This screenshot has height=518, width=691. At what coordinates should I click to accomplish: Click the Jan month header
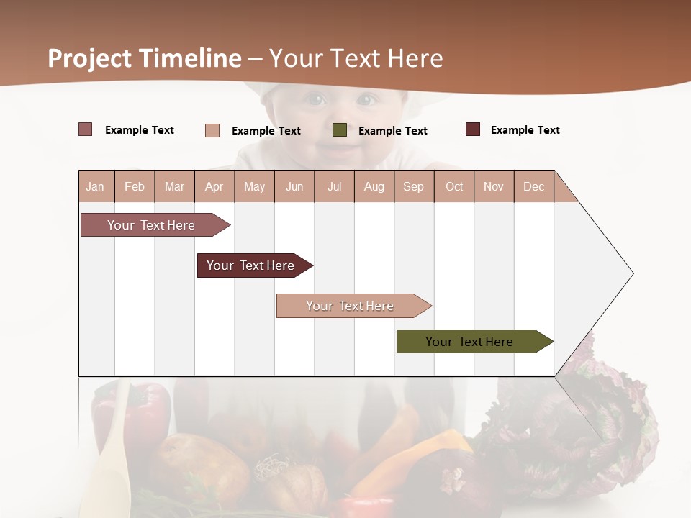click(95, 186)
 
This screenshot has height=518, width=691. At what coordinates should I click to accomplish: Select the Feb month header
click(135, 186)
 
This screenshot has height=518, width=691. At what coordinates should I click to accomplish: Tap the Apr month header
click(214, 186)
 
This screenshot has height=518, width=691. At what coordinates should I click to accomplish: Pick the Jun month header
click(294, 186)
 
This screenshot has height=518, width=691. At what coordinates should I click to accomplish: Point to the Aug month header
click(374, 186)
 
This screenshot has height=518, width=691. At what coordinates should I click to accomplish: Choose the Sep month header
click(413, 186)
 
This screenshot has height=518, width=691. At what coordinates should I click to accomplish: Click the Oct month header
click(454, 186)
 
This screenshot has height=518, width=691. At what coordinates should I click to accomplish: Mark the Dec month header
click(533, 186)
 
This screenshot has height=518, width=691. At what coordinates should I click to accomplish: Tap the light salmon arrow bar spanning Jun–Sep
click(351, 306)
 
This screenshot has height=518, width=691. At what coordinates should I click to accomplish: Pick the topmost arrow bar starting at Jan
click(152, 225)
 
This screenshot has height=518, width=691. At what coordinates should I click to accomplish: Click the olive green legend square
click(340, 130)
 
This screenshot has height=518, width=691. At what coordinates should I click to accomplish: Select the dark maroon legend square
click(473, 129)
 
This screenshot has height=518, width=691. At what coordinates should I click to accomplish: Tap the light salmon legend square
click(212, 130)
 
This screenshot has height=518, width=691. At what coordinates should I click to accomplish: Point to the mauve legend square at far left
click(86, 129)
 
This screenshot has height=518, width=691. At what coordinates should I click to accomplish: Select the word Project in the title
click(91, 58)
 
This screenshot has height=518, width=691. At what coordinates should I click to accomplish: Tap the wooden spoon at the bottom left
click(114, 460)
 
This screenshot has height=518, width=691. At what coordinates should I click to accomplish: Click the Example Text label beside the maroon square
click(525, 130)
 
